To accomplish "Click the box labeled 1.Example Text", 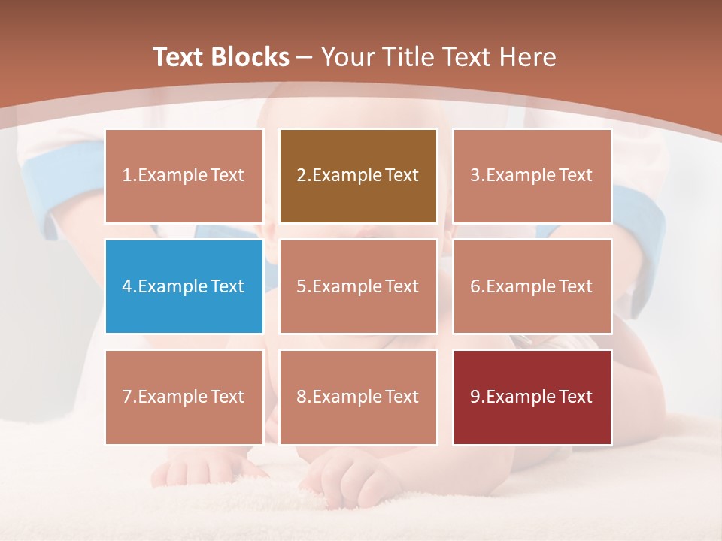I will pyautogui.click(x=184, y=176).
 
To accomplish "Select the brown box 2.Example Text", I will pyautogui.click(x=358, y=176).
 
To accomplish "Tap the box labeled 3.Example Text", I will pyautogui.click(x=532, y=176).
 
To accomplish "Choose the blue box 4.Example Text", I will pyautogui.click(x=184, y=286).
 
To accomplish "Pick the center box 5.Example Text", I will pyautogui.click(x=358, y=286).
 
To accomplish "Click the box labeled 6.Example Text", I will pyautogui.click(x=532, y=286).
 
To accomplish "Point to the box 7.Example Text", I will pyautogui.click(x=184, y=397).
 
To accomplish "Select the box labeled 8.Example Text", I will pyautogui.click(x=358, y=397).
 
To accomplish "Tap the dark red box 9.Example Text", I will pyautogui.click(x=532, y=397).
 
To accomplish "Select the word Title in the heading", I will pyautogui.click(x=407, y=57).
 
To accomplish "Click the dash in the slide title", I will pyautogui.click(x=305, y=57).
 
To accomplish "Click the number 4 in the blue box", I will pyautogui.click(x=127, y=286).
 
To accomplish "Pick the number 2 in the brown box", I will pyautogui.click(x=301, y=176).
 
